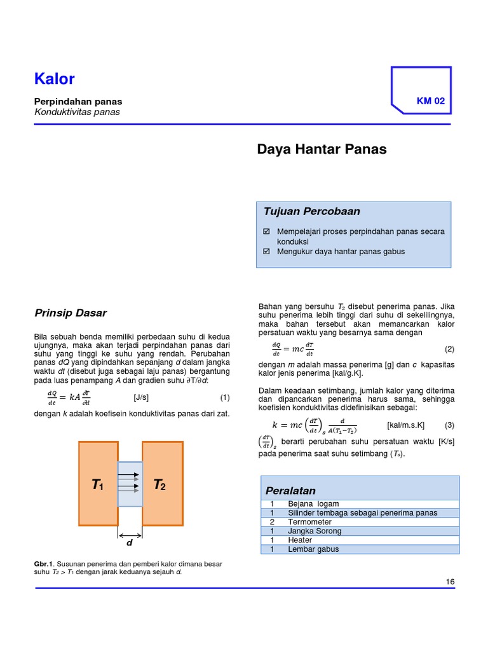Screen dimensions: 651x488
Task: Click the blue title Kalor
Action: [x=55, y=79]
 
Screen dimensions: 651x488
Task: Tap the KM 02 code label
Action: [x=430, y=101]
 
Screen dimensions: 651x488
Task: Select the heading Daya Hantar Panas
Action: [x=322, y=149]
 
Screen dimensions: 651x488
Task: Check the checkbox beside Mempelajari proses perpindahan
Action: [x=268, y=231]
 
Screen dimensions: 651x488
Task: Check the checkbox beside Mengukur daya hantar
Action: [x=268, y=252]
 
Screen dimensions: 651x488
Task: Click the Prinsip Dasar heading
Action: [x=70, y=313]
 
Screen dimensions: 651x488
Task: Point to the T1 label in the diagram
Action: [x=97, y=485]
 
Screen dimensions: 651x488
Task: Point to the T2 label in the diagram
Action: [x=159, y=485]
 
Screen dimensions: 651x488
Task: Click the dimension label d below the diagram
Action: [x=130, y=544]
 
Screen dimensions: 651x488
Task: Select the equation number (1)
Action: [x=224, y=397]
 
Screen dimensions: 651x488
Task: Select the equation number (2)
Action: [x=449, y=349]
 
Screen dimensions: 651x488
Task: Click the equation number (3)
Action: [x=449, y=425]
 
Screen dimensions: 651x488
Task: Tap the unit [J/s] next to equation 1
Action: [x=141, y=397]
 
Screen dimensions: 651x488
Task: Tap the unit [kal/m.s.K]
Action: [x=405, y=425]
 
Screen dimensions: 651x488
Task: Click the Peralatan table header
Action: [x=290, y=491]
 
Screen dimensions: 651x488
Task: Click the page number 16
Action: [x=451, y=582]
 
